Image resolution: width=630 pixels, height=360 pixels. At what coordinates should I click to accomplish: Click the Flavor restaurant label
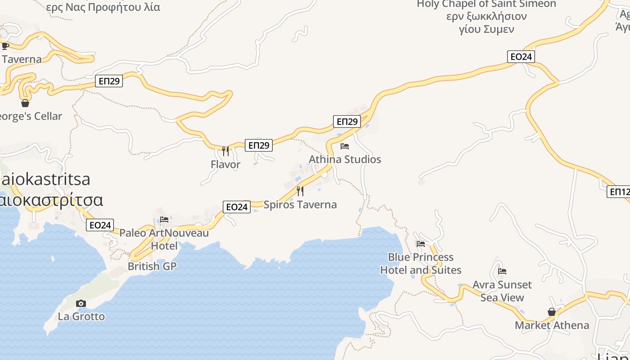click(225, 165)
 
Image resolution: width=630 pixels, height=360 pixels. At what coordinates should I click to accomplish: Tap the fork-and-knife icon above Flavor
click(225, 151)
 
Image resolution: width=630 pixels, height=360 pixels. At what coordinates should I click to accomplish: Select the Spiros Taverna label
click(300, 205)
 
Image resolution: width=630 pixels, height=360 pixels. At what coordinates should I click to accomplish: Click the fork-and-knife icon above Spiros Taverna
click(300, 191)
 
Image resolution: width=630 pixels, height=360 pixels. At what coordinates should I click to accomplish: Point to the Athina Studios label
click(345, 159)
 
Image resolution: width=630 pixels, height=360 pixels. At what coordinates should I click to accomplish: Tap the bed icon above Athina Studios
click(345, 146)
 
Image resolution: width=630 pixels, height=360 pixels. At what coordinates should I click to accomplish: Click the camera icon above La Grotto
click(81, 303)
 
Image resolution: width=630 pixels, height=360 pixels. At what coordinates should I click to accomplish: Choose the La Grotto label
click(81, 316)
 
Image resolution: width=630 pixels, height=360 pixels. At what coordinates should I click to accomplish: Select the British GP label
click(152, 266)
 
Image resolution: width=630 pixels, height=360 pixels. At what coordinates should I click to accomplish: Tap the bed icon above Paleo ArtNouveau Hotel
click(164, 220)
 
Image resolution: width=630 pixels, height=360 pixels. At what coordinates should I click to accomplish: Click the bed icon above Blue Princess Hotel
click(421, 244)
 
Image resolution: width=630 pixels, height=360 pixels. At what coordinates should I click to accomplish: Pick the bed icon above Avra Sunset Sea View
click(502, 271)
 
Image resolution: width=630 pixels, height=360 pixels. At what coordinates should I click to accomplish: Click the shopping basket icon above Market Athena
click(552, 312)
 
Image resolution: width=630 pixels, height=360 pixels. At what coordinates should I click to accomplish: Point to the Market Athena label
click(552, 325)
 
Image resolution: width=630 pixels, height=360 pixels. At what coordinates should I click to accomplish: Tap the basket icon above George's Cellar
click(25, 103)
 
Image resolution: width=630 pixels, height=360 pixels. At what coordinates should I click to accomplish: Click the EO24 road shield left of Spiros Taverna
click(237, 207)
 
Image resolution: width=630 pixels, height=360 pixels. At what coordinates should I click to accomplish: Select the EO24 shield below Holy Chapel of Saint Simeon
click(521, 57)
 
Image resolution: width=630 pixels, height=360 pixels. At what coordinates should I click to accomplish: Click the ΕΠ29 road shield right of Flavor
click(259, 145)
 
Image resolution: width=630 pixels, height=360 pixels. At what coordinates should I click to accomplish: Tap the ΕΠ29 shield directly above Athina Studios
click(347, 121)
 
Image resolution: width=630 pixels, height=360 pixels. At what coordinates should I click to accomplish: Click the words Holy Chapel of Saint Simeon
click(486, 4)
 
